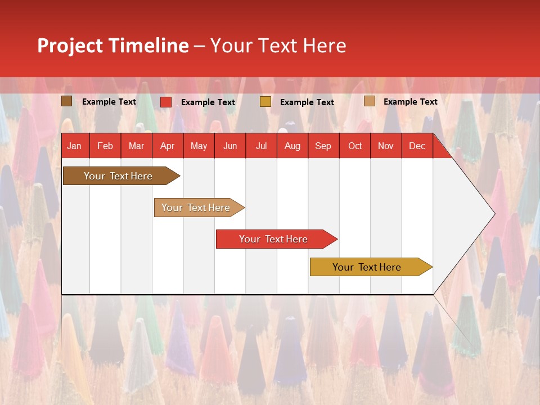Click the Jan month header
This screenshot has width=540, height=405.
(74, 146)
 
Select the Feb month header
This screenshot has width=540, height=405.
(105, 146)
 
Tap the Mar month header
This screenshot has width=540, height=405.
(136, 146)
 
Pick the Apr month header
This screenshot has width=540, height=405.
(167, 146)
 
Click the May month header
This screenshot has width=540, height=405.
(199, 146)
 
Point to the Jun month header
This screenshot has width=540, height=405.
(230, 146)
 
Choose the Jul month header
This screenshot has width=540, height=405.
(261, 146)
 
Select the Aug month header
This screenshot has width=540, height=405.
(292, 146)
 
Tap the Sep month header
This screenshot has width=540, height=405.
(323, 146)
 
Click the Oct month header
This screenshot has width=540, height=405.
(355, 146)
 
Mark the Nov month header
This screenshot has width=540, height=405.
(385, 146)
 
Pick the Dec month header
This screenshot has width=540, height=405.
(417, 146)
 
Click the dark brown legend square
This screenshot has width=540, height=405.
(67, 101)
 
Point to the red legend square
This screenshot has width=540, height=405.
(166, 102)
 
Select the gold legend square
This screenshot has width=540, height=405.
(265, 102)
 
